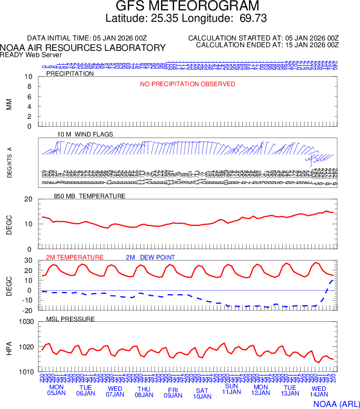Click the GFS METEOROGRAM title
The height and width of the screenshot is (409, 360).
point(187,6)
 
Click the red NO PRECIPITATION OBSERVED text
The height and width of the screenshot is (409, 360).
point(187,84)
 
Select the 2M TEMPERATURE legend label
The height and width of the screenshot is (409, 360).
point(75,257)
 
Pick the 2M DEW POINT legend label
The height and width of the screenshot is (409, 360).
point(150,257)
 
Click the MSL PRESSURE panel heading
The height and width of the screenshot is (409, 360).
point(71,319)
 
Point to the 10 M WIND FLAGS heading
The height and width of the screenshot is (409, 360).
point(85,134)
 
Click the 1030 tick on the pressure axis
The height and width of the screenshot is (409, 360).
point(26,322)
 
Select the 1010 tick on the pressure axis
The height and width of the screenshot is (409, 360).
point(26,372)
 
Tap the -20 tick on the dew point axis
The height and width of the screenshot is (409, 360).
point(27,310)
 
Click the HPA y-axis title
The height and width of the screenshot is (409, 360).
point(9,347)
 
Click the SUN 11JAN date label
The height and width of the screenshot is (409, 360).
point(231,389)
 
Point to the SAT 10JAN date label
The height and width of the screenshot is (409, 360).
point(202,393)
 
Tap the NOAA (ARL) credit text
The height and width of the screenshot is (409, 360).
point(336,403)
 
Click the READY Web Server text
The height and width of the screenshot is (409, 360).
point(31,55)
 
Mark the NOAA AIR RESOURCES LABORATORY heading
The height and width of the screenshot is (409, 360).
point(83,48)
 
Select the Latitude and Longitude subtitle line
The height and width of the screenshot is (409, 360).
point(186,19)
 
